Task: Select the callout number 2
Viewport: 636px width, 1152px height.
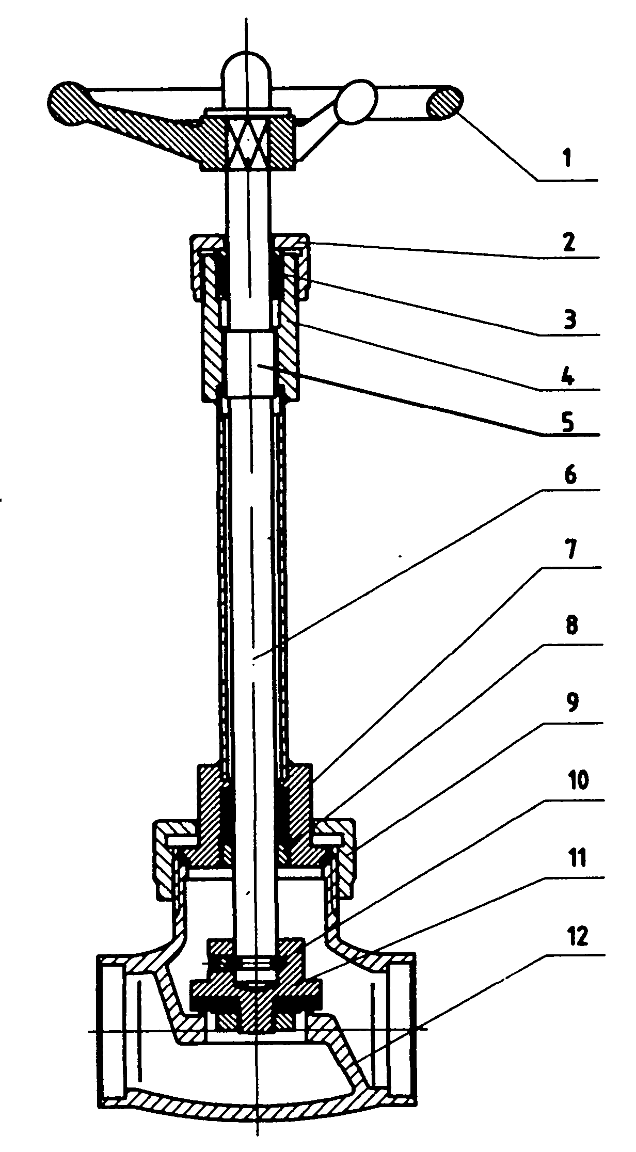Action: pyautogui.click(x=570, y=240)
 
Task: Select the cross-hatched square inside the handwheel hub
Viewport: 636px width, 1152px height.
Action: pyautogui.click(x=248, y=140)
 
